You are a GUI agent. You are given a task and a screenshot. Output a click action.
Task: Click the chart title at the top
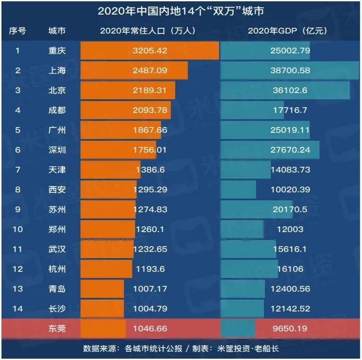(x=181, y=11)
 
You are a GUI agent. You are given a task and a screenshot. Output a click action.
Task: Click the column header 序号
(x=18, y=31)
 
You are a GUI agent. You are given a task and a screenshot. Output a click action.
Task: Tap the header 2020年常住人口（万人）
(x=147, y=31)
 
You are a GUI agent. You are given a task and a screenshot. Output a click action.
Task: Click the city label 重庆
(x=57, y=51)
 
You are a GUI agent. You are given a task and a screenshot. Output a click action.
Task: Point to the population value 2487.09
(x=150, y=71)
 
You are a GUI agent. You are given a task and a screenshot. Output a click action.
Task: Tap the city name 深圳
(x=57, y=150)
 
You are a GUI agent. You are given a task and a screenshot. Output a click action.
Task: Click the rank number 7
(x=18, y=170)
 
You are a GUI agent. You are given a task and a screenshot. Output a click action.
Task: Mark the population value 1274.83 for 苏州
(x=150, y=210)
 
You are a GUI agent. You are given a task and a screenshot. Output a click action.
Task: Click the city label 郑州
(x=57, y=229)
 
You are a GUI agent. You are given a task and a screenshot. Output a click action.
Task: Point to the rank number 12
(x=18, y=269)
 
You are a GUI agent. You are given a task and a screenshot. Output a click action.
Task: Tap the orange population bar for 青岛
(x=102, y=289)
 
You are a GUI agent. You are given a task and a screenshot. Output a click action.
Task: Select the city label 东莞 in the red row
(x=57, y=329)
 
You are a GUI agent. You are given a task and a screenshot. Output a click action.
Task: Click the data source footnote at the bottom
(x=181, y=349)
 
